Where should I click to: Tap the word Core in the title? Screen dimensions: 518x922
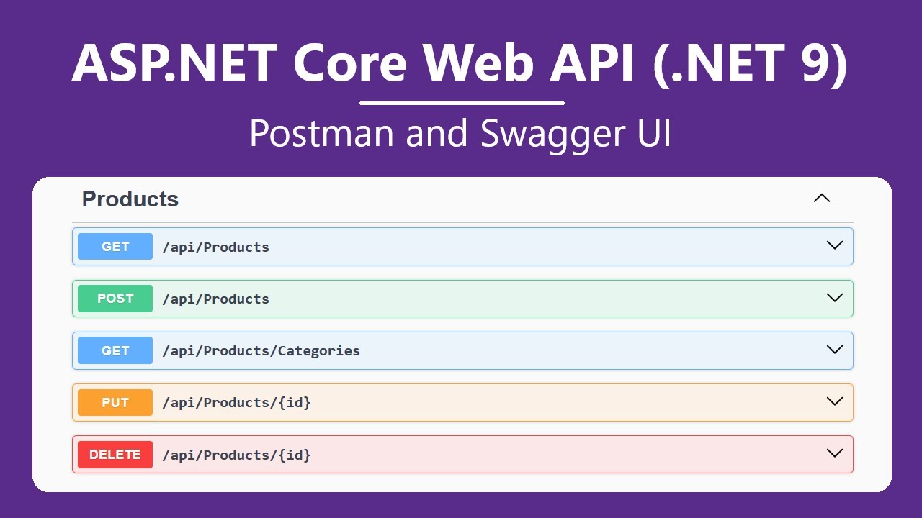(350, 63)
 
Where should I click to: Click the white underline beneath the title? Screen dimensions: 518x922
(461, 103)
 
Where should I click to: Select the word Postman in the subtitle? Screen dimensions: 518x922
(323, 134)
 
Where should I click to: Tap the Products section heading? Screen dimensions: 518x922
(130, 199)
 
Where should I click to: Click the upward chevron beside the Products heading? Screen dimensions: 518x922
(821, 199)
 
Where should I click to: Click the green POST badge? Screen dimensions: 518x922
(115, 299)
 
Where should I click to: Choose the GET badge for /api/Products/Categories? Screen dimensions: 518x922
(115, 350)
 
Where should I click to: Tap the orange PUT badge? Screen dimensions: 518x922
(115, 403)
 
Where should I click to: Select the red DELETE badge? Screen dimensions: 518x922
(115, 455)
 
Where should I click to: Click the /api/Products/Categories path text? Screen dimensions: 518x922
(261, 351)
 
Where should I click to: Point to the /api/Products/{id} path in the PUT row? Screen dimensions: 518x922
(236, 403)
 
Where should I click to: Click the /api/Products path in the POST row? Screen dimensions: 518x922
(215, 299)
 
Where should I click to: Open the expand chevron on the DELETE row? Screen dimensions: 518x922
(834, 453)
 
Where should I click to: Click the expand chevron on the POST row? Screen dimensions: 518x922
(834, 298)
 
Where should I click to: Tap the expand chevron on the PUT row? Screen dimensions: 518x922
(834, 401)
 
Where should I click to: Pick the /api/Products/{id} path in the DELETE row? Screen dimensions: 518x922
(236, 455)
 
